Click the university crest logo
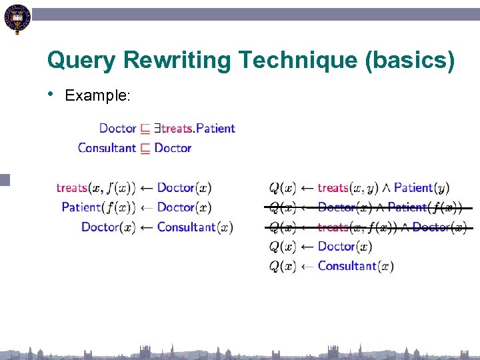tap(16, 19)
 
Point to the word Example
tap(97, 96)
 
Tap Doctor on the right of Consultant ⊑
tap(173, 148)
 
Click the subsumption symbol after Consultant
tap(145, 149)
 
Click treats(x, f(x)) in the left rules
tap(96, 188)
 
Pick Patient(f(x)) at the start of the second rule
tap(99, 207)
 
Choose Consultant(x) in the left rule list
tap(195, 227)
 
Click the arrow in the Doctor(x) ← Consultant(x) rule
tap(146, 227)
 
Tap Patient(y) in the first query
tap(421, 188)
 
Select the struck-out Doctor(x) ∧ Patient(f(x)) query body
tap(390, 207)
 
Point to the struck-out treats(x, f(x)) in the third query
tap(356, 227)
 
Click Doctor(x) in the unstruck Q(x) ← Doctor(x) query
tap(345, 247)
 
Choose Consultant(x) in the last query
tap(355, 266)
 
